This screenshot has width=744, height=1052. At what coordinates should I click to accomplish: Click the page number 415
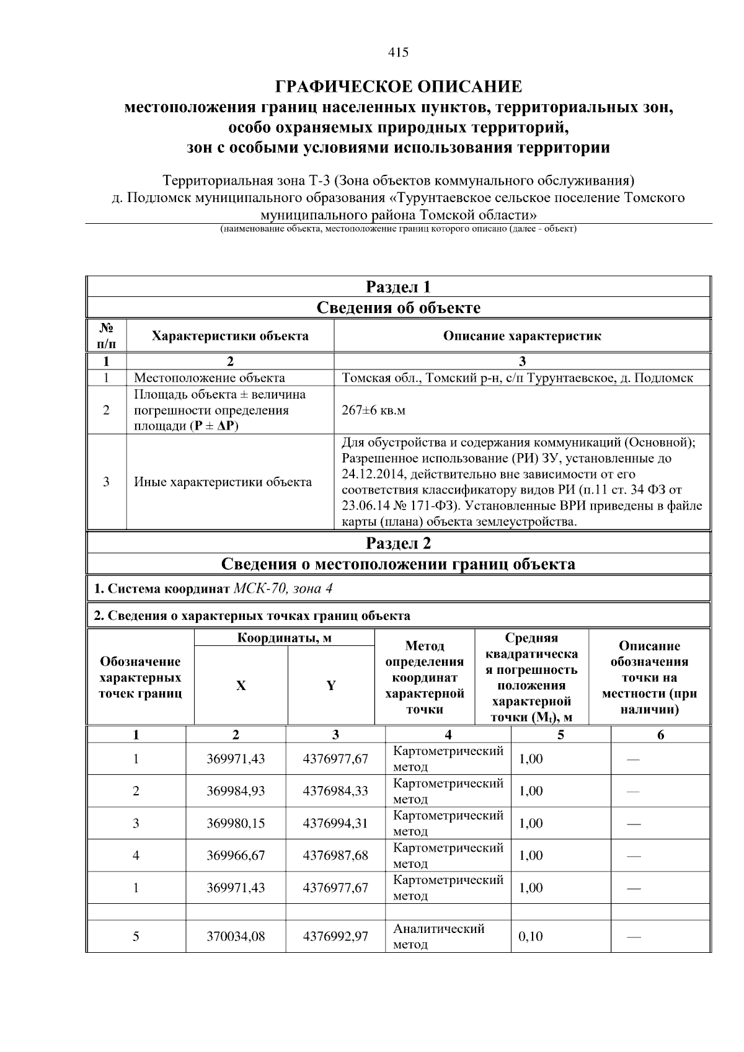point(398,53)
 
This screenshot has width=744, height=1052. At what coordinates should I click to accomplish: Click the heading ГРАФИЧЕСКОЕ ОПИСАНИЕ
point(398,86)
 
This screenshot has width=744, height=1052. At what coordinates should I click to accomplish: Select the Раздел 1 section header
point(398,287)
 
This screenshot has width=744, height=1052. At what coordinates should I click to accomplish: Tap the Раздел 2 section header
point(398,544)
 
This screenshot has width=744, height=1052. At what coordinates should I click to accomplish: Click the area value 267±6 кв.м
point(373,410)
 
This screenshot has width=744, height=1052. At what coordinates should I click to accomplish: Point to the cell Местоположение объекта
point(210,378)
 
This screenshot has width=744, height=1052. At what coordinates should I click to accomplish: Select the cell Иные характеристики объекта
point(223,482)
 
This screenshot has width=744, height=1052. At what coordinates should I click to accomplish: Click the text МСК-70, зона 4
point(283,588)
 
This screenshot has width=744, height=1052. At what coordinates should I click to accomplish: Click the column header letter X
point(241,686)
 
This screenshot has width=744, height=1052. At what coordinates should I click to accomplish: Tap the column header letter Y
point(331,686)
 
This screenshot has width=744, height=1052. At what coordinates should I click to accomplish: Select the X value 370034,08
point(236,937)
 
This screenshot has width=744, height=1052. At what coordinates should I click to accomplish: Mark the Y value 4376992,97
point(335,937)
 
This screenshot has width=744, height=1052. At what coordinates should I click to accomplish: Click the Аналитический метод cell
point(439,937)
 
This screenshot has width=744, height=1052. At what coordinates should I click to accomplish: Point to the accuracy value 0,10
point(531,937)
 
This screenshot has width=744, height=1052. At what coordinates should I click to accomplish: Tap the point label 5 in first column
point(136,937)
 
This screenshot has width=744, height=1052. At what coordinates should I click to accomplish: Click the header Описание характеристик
point(521,336)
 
